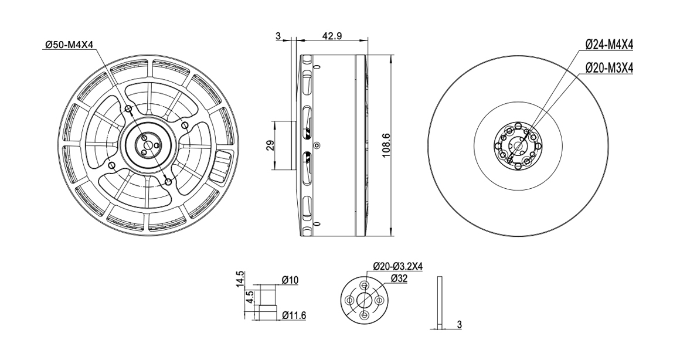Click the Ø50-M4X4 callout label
(x=69, y=45)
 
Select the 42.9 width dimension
(x=332, y=36)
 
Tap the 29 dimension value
(x=268, y=145)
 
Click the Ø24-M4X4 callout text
(x=609, y=44)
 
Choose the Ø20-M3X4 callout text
(x=609, y=67)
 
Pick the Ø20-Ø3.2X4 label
(x=397, y=266)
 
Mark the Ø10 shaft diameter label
(x=290, y=280)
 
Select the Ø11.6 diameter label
(x=294, y=315)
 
